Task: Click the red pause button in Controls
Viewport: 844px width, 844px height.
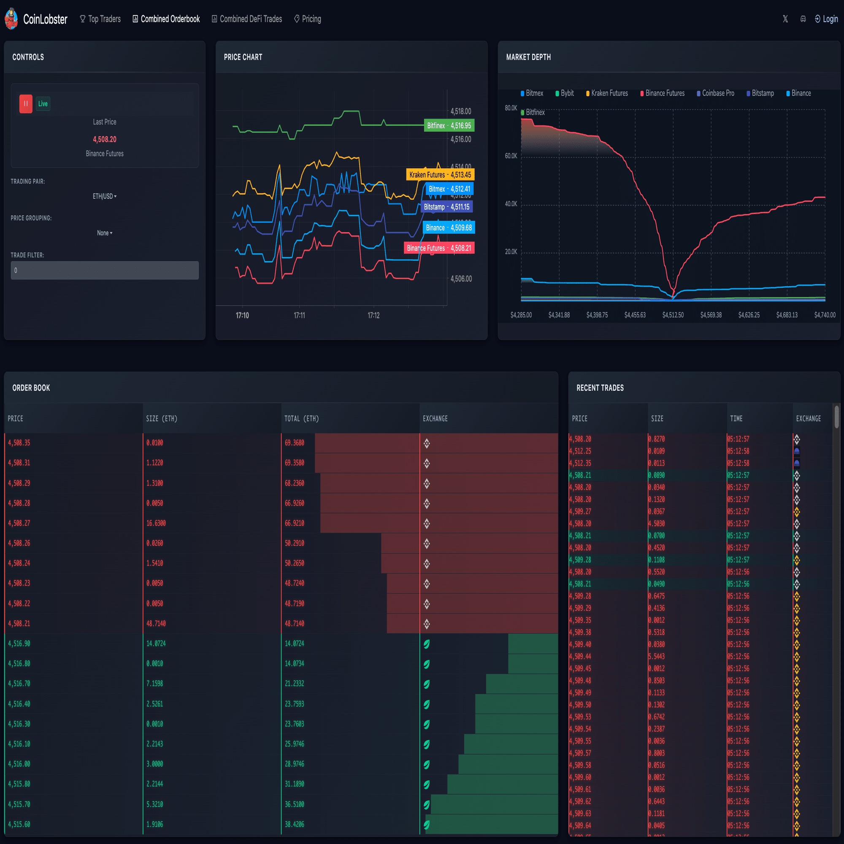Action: [26, 104]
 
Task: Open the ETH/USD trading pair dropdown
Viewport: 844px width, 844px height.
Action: [104, 197]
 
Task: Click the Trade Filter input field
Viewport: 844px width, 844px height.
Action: [104, 271]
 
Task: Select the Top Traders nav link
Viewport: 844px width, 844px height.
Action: [100, 19]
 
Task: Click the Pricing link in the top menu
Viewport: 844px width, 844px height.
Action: [308, 19]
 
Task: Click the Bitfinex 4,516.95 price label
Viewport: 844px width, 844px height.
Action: [449, 126]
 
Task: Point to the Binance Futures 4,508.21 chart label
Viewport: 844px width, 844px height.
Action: [438, 248]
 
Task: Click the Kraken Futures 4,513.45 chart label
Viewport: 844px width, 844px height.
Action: [440, 175]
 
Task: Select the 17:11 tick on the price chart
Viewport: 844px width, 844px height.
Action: [299, 315]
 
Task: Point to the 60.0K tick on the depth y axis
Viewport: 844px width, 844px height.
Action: [511, 156]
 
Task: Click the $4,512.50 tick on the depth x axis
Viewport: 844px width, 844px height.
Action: [673, 315]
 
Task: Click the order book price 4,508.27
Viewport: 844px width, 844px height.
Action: [19, 523]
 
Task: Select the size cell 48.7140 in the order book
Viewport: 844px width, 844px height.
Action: [156, 624]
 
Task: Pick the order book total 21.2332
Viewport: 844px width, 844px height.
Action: [295, 684]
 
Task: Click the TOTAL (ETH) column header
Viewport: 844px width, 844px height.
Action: [301, 419]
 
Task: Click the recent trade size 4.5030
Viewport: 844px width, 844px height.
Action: [656, 523]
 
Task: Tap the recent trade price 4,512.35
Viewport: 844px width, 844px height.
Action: [580, 463]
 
